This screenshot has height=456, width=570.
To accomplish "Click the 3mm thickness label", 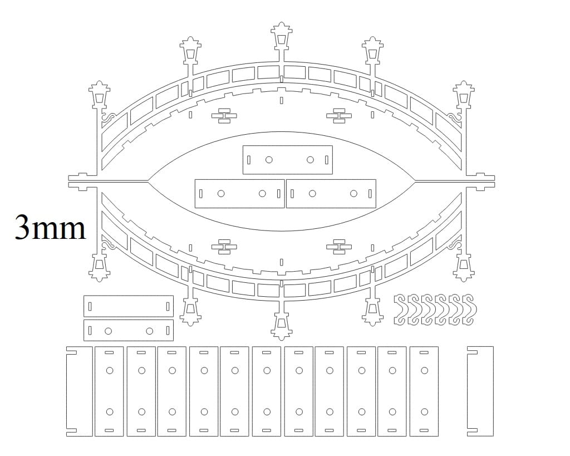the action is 50,228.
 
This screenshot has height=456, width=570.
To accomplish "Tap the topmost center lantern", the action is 281,36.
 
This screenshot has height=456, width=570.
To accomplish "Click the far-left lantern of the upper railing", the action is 99,95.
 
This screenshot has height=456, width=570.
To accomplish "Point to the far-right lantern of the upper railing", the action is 464,95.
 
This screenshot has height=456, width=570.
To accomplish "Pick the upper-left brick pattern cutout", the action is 224,116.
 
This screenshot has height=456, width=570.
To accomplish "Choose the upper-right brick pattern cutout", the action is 339,116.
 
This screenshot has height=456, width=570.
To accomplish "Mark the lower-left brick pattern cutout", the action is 224,247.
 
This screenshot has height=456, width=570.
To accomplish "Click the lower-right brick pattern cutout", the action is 339,247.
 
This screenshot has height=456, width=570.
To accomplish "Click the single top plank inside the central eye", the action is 288,160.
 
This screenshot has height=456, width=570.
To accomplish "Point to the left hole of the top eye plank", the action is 269,160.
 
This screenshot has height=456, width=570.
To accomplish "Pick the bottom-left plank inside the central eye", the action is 239,193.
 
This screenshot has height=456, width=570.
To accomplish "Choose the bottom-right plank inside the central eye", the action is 331,193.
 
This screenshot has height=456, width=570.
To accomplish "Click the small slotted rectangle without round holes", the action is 129,306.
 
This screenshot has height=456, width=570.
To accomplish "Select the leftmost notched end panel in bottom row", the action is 79,391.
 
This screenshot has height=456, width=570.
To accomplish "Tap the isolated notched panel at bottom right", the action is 480,391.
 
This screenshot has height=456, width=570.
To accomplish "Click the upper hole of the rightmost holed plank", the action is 424,371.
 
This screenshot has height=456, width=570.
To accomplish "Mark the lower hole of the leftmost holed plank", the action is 110,412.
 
